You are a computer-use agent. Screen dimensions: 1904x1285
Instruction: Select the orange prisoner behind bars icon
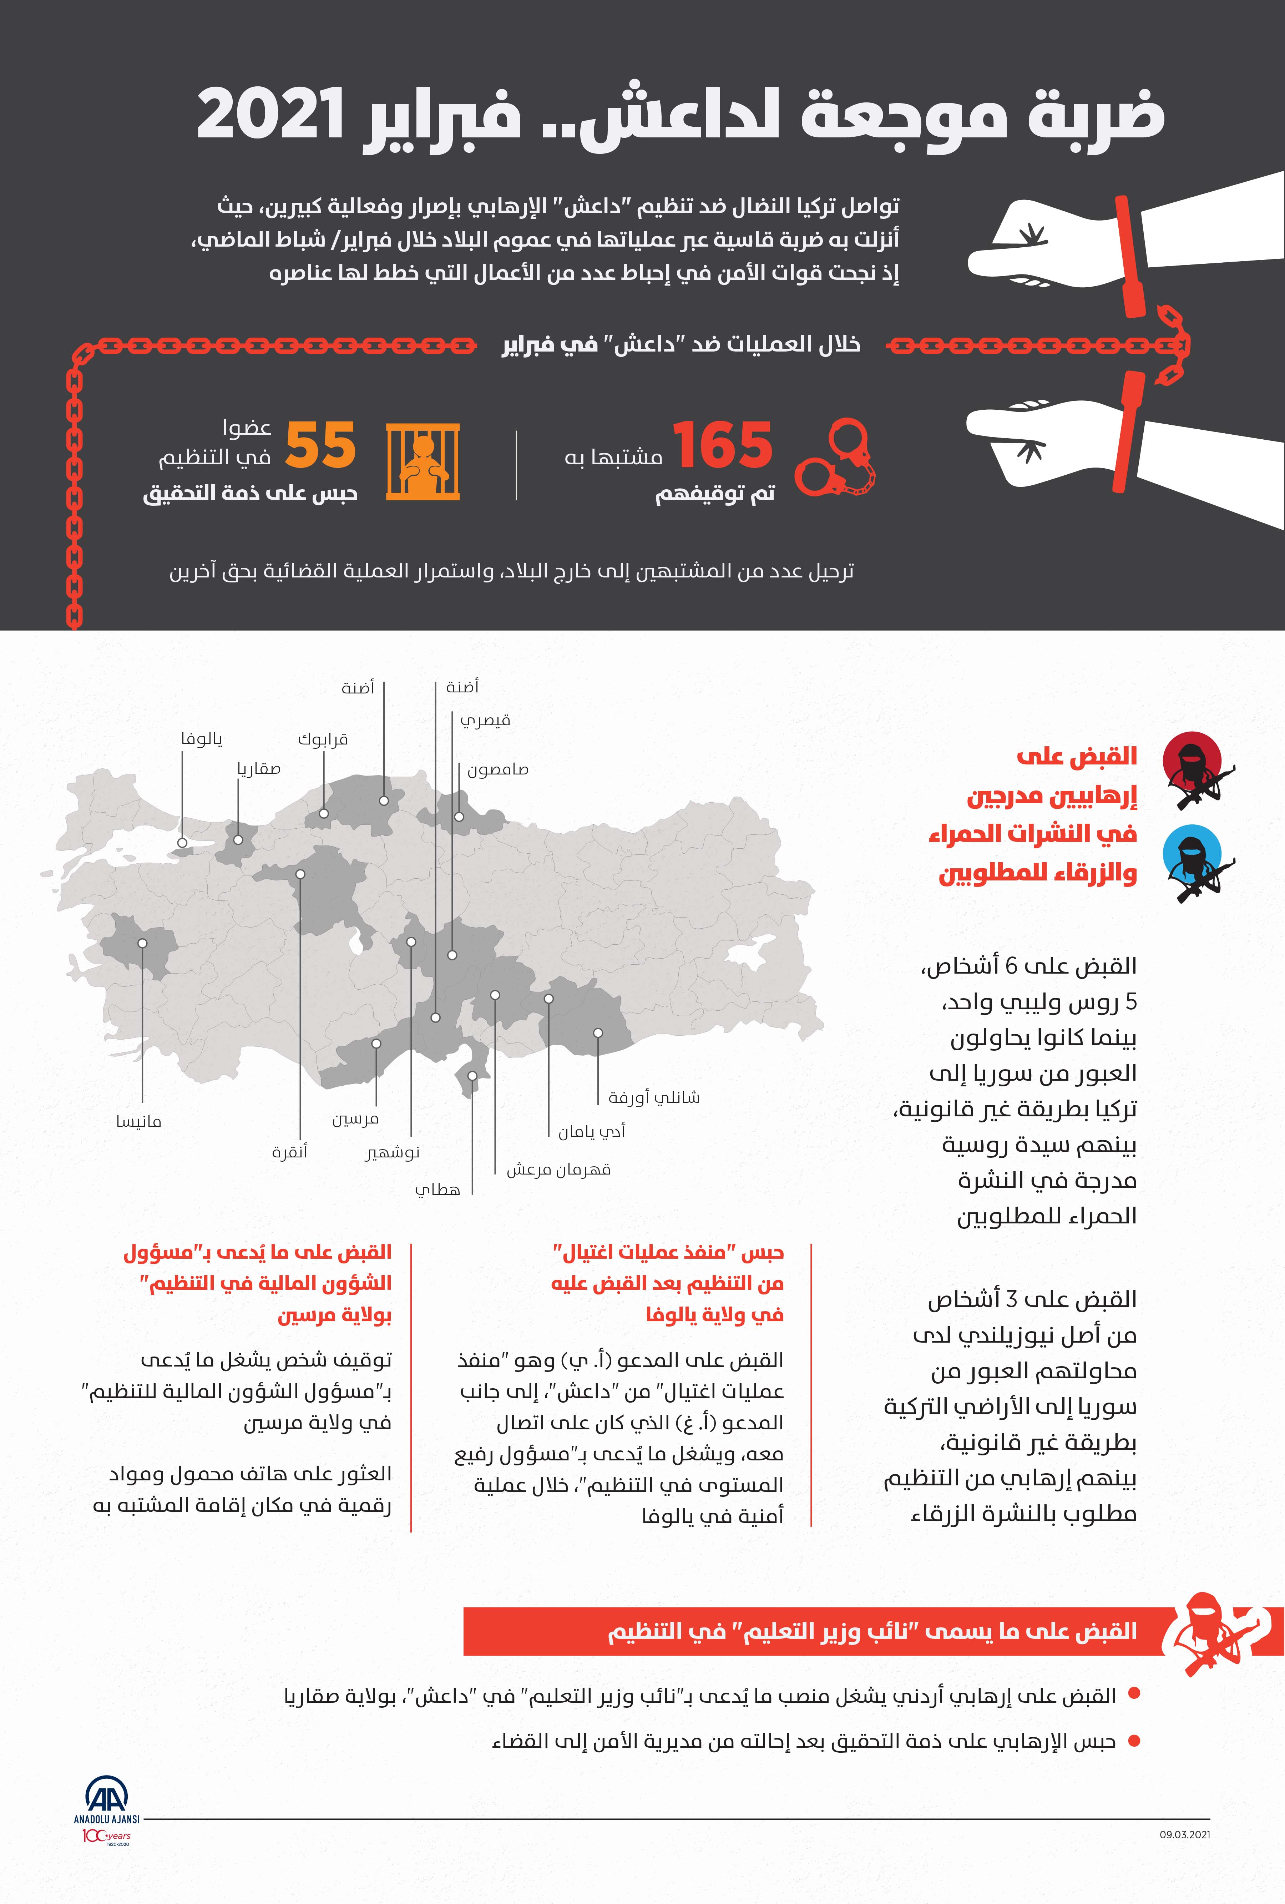(x=423, y=461)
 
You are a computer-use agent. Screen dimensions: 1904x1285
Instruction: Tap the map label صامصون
(x=498, y=770)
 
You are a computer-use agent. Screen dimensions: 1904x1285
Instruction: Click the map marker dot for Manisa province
(x=142, y=943)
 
